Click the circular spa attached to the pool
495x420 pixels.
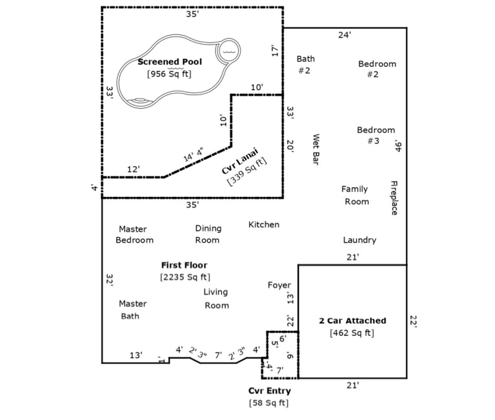click(x=228, y=51)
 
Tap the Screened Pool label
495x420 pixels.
click(x=170, y=62)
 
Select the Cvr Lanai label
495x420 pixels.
click(x=240, y=161)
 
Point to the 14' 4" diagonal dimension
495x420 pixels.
click(x=193, y=155)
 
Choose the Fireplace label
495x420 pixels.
click(x=394, y=198)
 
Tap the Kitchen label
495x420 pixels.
click(x=264, y=225)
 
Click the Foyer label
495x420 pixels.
click(x=279, y=285)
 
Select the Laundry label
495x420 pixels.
click(x=360, y=240)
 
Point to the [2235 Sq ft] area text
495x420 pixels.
click(x=185, y=277)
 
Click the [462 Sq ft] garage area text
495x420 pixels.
click(x=352, y=333)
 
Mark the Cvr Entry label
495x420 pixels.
click(x=270, y=391)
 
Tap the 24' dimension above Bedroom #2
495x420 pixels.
click(x=345, y=35)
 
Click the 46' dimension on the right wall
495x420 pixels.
click(x=398, y=146)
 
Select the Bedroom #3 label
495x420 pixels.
click(x=376, y=135)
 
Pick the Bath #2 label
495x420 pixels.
click(x=306, y=65)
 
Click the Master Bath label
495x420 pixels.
click(x=133, y=310)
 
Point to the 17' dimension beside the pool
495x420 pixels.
click(x=275, y=51)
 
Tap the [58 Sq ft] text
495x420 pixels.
click(x=269, y=403)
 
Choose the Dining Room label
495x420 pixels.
click(x=208, y=234)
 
